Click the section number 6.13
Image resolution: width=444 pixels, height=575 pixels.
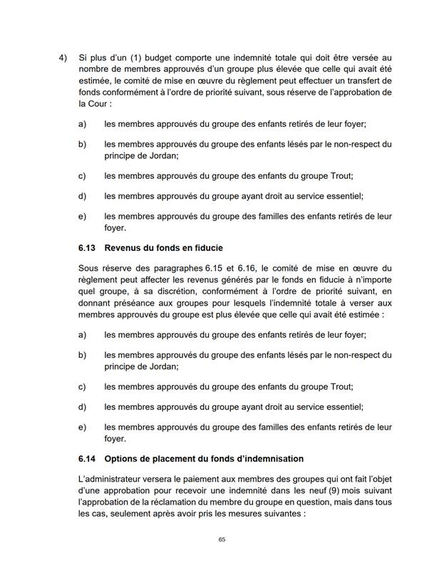88,248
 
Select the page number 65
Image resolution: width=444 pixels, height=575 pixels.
222,539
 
